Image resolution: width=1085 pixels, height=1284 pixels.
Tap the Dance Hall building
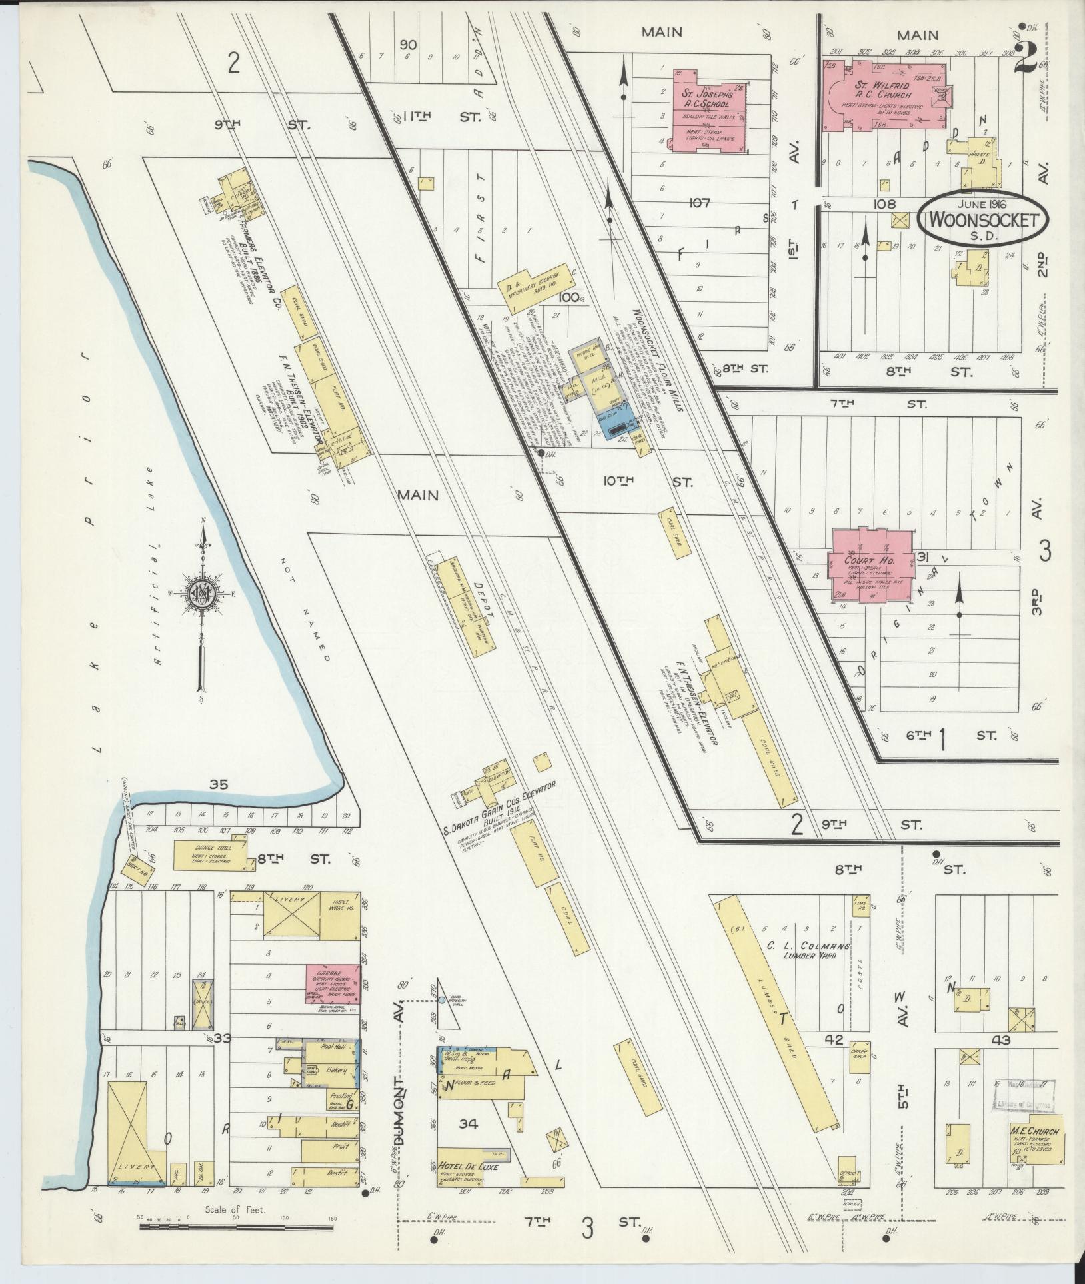[211, 855]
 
